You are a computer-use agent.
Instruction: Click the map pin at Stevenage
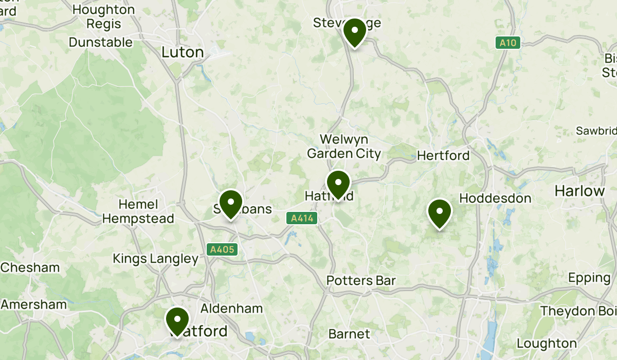[354, 31]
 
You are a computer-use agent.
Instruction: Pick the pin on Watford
[177, 320]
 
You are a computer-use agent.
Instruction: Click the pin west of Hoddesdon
[440, 212]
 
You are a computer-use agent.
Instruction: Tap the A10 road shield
[509, 43]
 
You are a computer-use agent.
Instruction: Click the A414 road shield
[302, 219]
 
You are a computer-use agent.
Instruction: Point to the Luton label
[183, 52]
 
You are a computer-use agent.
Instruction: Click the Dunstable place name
[101, 42]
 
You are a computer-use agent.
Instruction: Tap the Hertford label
[443, 155]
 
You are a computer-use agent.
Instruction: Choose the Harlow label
[580, 191]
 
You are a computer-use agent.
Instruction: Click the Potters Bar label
[361, 281]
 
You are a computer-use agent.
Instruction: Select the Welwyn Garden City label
[344, 147]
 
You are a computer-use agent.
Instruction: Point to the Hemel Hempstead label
[138, 211]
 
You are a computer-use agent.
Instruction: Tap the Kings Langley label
[155, 259]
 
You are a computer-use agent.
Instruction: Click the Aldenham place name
[231, 309]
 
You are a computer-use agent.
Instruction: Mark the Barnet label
[349, 334]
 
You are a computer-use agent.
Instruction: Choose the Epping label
[589, 278]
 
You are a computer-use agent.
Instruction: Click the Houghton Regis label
[103, 16]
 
